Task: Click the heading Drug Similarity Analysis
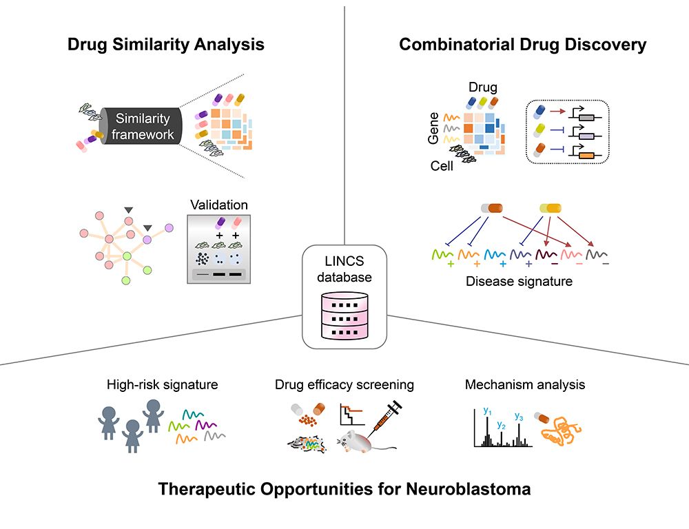(x=166, y=45)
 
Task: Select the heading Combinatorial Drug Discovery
(x=522, y=45)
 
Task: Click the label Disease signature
(x=519, y=281)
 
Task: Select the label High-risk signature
(x=163, y=384)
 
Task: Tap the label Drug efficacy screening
(x=344, y=384)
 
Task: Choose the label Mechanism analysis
(x=525, y=384)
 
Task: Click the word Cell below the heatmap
(x=442, y=166)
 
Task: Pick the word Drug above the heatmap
(x=483, y=87)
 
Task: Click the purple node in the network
(x=147, y=238)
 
